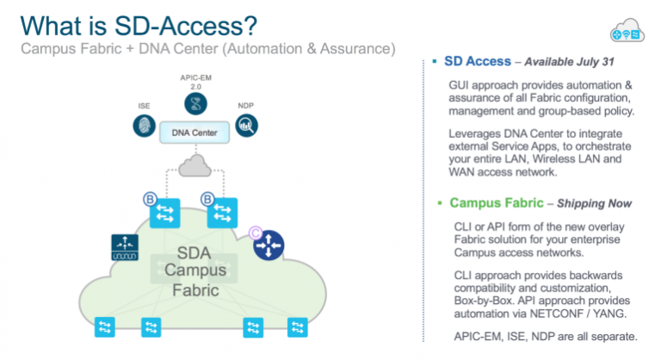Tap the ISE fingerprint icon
point(144,125)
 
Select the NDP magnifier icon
point(247,126)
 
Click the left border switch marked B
point(164,214)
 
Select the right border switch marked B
point(222,214)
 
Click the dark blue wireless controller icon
point(125,248)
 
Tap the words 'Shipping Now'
point(595,204)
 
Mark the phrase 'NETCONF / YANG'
point(580,314)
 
